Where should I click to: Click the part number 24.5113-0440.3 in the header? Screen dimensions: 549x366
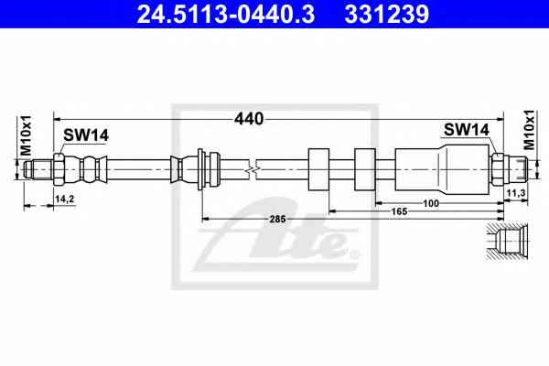tap(225, 14)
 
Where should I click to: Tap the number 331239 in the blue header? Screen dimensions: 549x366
tap(387, 14)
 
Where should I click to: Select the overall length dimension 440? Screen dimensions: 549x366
tap(249, 119)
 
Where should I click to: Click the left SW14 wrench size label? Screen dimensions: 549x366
tap(86, 135)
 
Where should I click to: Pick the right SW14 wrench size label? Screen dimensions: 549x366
tap(467, 130)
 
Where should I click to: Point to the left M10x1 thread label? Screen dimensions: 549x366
tap(26, 135)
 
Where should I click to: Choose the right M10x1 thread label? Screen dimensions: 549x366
tap(529, 130)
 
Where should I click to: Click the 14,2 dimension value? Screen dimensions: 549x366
tap(64, 199)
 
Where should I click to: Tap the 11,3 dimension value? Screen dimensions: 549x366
tap(516, 193)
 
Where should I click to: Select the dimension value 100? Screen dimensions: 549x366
tap(431, 203)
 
